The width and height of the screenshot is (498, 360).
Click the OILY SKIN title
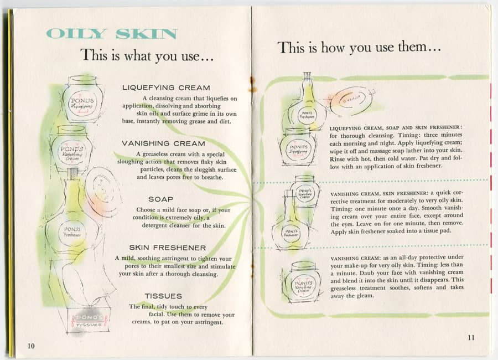[x=112, y=33]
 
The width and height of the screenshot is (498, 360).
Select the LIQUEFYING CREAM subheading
[x=166, y=88]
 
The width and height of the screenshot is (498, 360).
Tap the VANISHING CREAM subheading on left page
[x=163, y=143]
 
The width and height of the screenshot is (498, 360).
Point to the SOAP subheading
[x=160, y=199]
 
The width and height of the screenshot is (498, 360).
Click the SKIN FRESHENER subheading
[x=167, y=248]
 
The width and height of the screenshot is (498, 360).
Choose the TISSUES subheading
[x=163, y=296]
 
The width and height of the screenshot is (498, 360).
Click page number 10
[x=31, y=346]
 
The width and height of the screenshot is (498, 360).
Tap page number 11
[x=471, y=338]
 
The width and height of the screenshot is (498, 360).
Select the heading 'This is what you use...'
[x=147, y=55]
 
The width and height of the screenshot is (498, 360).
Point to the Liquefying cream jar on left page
[x=83, y=100]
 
